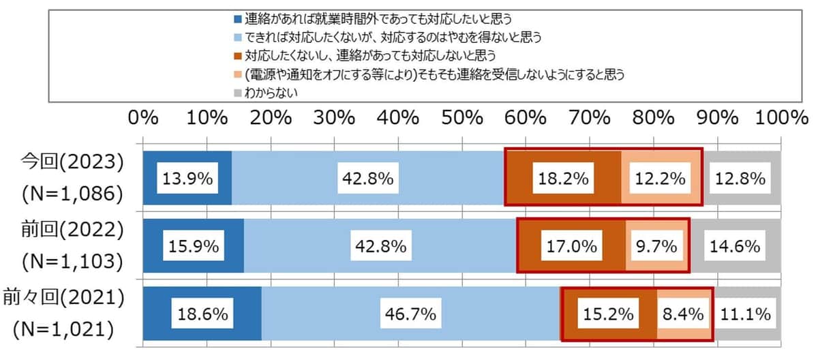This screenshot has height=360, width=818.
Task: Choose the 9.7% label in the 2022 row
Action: pos(658,246)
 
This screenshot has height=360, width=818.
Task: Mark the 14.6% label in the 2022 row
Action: pos(736,246)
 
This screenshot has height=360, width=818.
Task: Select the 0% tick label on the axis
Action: pos(143,117)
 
